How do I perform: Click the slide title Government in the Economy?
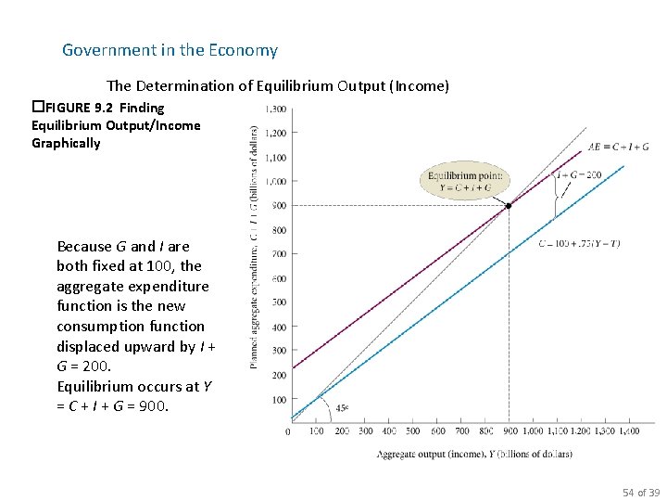point(170,50)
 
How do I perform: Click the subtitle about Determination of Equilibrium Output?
point(278,85)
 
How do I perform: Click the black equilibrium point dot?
point(508,205)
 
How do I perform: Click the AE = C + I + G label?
point(618,146)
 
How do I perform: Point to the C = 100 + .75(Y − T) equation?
point(579,244)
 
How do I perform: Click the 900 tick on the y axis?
point(278,206)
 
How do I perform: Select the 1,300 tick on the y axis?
point(275,109)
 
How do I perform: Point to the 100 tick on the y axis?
point(278,400)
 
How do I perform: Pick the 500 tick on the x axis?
point(413,430)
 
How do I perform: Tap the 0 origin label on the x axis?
point(288,430)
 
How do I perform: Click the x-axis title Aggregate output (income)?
point(473,454)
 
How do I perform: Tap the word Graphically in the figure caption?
point(66,143)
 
